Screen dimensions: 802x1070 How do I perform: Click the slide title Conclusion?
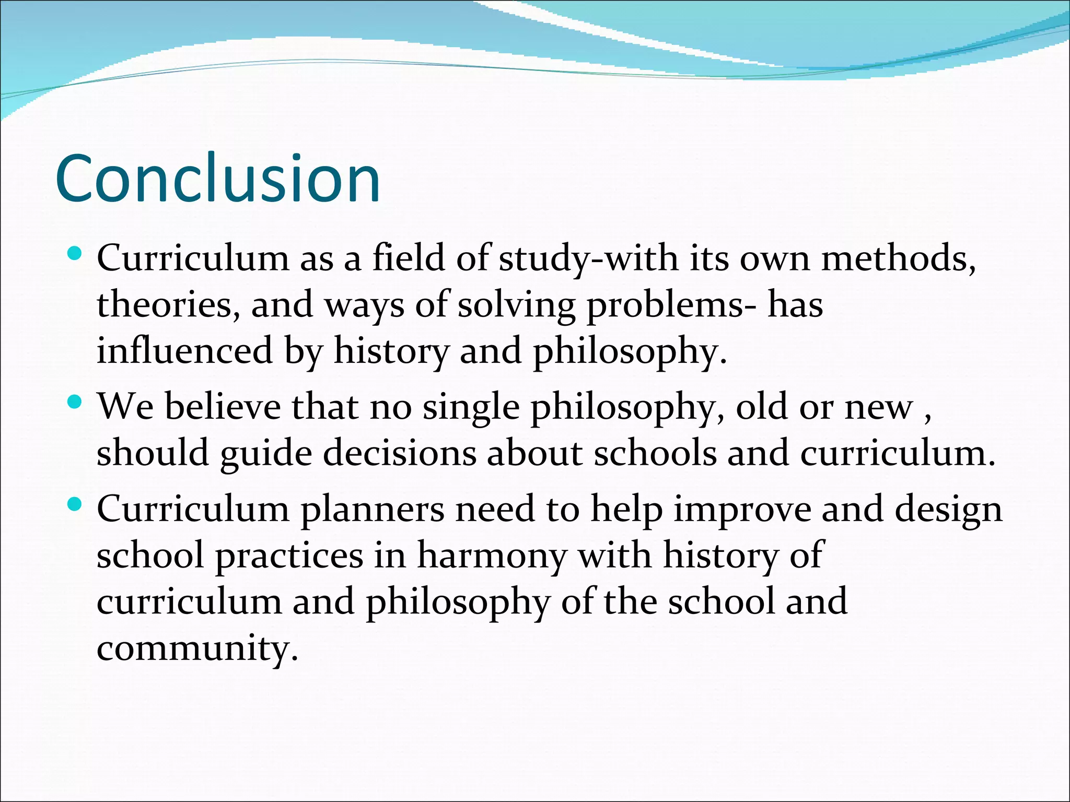point(217,179)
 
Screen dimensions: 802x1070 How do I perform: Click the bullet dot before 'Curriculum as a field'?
point(75,254)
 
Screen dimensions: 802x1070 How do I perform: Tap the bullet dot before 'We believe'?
point(75,402)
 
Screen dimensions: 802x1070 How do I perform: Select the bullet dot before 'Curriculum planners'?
point(75,504)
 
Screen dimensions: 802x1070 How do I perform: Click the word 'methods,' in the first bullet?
point(898,258)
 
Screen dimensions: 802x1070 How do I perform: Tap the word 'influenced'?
point(184,350)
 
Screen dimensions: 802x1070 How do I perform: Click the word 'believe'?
point(223,407)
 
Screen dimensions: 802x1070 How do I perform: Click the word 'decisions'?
point(399,453)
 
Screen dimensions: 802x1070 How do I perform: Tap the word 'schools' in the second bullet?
point(655,453)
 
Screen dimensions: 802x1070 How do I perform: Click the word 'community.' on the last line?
point(197,648)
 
